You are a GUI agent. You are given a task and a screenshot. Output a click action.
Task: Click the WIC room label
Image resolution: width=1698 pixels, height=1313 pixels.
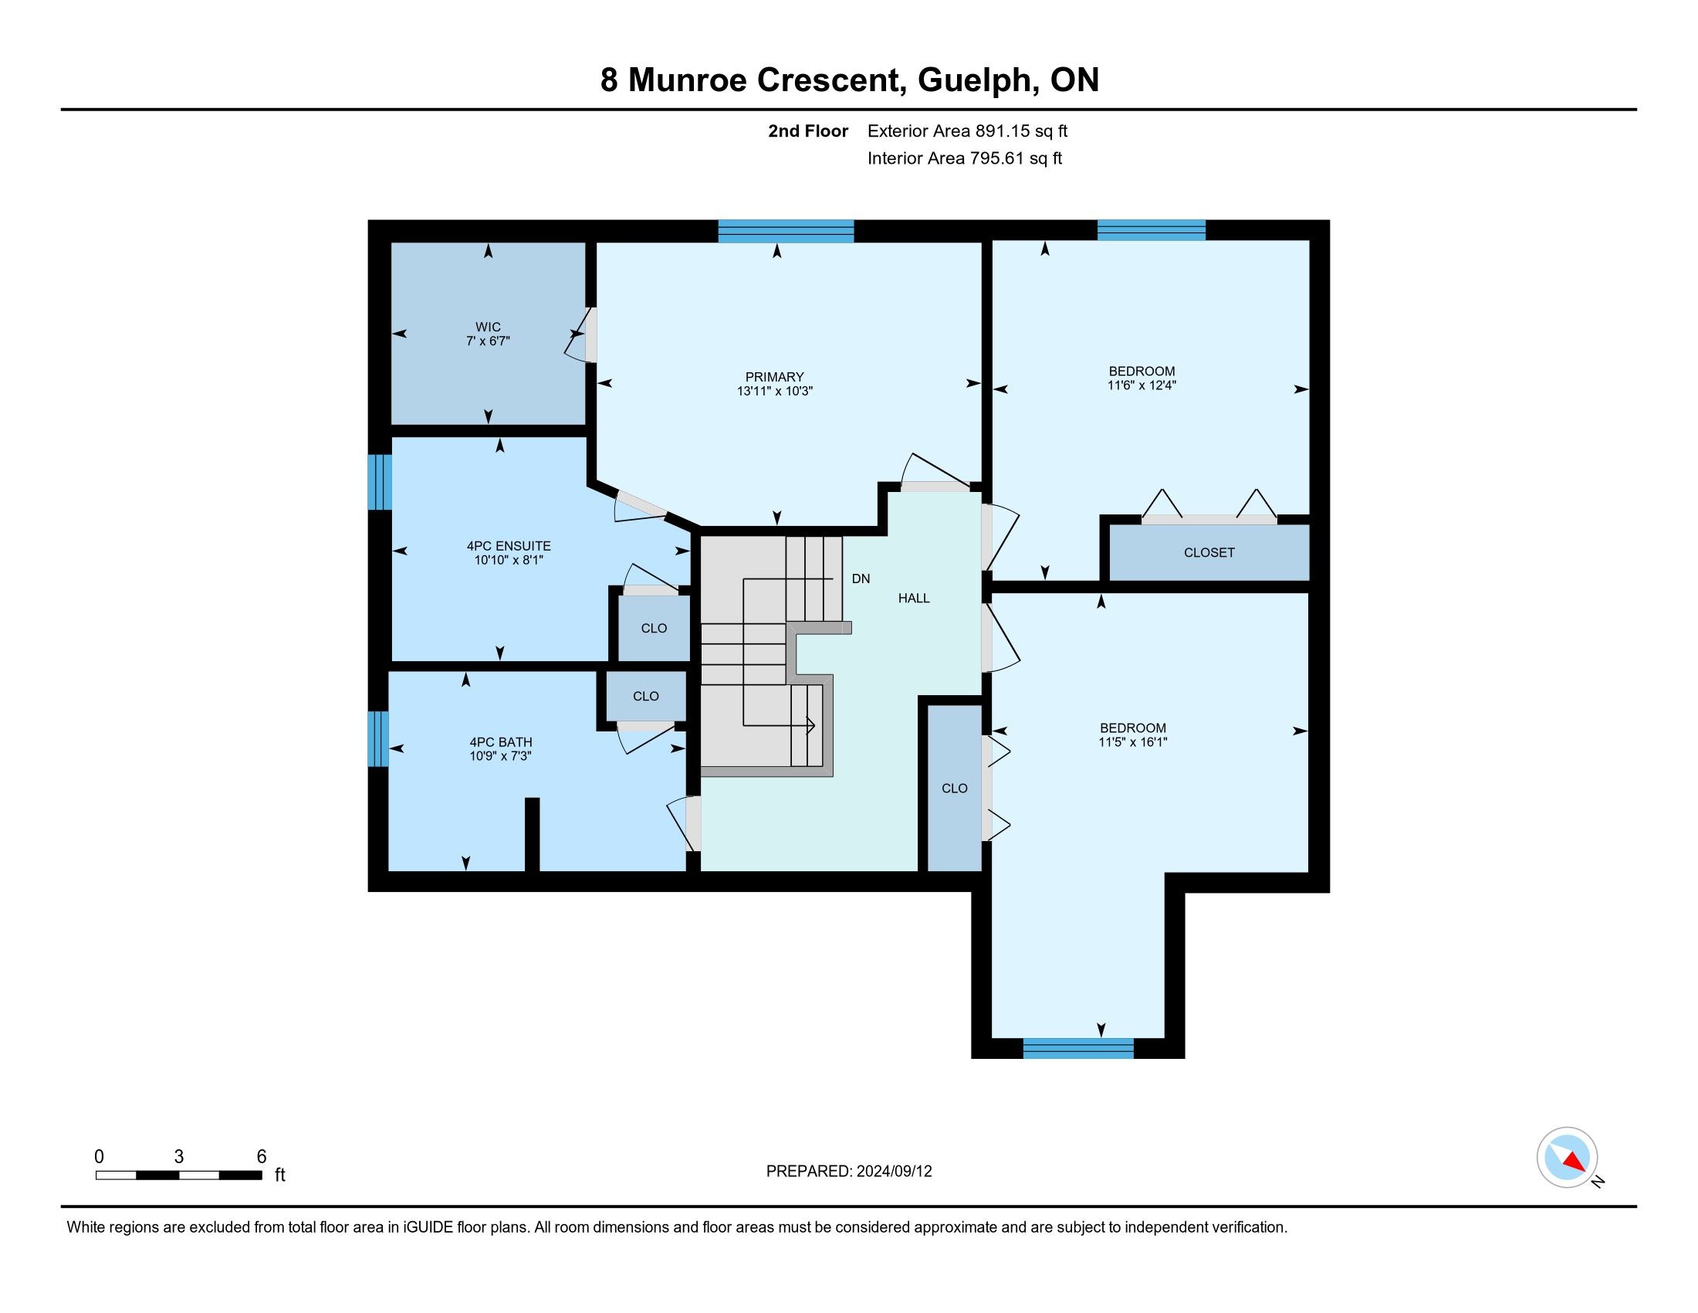coord(489,327)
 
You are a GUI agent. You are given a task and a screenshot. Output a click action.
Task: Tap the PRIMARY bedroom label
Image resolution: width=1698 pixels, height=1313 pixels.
coord(774,377)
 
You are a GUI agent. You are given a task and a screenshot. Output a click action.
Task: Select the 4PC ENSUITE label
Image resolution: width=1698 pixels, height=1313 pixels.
coord(509,546)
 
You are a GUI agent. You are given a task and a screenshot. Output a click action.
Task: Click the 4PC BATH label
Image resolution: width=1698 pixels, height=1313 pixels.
coord(501,742)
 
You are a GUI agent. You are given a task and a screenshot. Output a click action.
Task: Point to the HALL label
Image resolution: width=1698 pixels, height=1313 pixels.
coord(915,598)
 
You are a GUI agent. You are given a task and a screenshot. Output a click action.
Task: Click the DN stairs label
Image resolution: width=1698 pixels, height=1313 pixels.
coord(861,578)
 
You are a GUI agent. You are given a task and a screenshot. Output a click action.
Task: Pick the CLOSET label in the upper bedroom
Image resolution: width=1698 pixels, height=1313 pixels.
coord(1209,552)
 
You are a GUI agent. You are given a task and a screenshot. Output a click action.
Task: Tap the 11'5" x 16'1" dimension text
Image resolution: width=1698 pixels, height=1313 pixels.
coord(1133,742)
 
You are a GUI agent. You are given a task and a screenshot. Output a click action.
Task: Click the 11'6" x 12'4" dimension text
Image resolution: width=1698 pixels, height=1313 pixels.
coord(1142,385)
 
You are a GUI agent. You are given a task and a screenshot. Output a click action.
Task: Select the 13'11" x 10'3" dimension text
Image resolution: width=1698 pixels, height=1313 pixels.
coord(774,392)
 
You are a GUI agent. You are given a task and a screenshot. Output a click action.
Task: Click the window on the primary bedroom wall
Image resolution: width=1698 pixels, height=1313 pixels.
coord(786,231)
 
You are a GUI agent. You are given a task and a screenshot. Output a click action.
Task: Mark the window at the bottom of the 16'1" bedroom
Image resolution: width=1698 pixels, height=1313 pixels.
coord(1078,1048)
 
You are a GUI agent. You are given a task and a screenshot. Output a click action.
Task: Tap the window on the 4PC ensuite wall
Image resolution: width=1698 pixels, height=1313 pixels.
coord(380,482)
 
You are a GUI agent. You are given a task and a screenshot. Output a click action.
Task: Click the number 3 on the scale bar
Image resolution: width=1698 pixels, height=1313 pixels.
coord(179,1157)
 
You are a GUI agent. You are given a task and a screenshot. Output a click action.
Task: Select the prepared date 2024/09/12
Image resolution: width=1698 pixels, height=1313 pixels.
coord(894,1172)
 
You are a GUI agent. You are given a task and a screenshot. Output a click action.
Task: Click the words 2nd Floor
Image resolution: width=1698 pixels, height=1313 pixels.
coord(808,131)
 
